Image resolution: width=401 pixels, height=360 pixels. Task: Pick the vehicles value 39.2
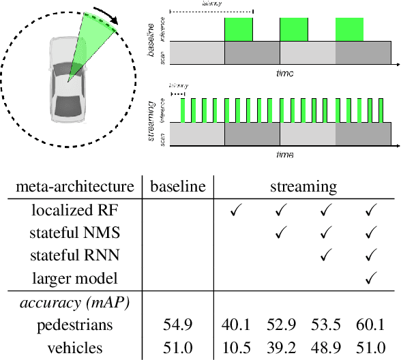(281, 348)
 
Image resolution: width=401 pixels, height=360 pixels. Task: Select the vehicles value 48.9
(327, 348)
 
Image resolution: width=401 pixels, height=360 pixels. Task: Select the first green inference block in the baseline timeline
(238, 29)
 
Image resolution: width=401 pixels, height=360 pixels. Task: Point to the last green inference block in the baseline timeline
(348, 29)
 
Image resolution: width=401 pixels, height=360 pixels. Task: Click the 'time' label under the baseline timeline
(285, 72)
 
